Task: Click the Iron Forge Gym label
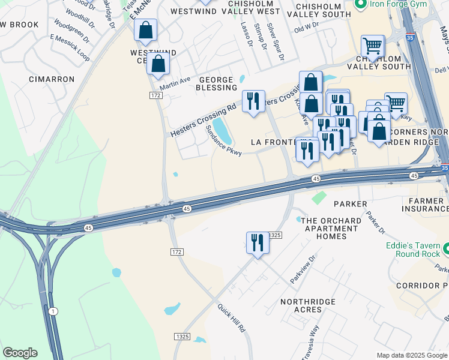coord(399,4)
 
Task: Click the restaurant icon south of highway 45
coord(258,243)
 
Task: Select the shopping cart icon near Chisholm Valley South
coord(372,46)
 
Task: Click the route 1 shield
coord(53,311)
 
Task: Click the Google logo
coord(20,353)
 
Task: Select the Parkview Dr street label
coord(303,272)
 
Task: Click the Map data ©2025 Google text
coord(412,355)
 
